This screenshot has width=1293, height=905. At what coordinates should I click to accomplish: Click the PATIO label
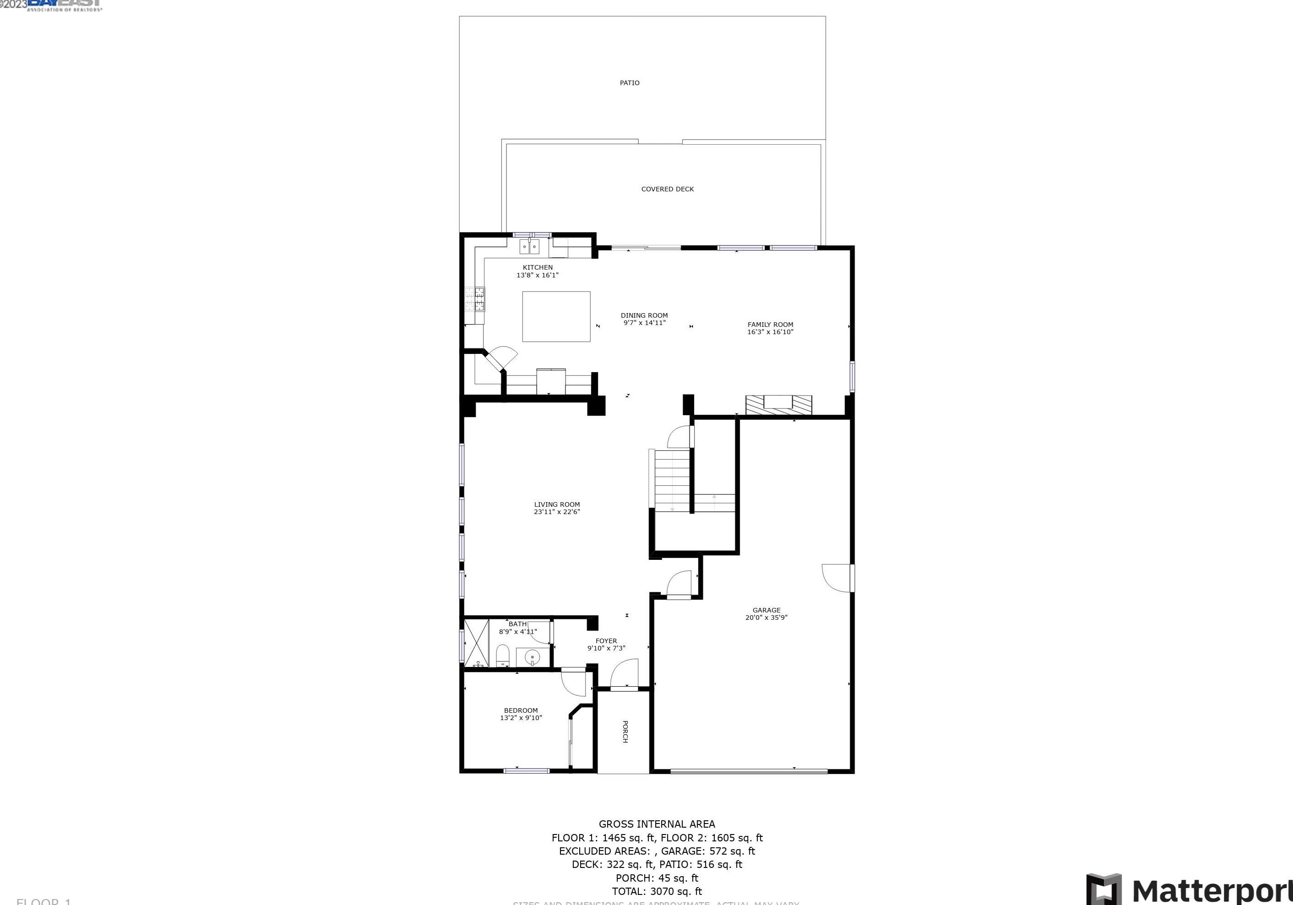629,83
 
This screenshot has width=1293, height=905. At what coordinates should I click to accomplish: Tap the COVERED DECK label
668,189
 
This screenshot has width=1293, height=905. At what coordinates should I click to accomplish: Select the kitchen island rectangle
556,316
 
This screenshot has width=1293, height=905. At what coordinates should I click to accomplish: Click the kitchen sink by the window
529,247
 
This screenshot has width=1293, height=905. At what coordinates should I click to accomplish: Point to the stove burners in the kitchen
475,299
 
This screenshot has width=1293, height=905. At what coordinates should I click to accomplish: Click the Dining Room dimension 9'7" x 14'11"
644,323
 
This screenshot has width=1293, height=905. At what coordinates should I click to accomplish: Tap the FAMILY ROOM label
770,325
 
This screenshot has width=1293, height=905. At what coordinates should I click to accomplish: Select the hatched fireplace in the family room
778,405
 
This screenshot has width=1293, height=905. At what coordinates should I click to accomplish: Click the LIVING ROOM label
556,504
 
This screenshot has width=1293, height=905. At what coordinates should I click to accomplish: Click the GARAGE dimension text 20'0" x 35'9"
766,618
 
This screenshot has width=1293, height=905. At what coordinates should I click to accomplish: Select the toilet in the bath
502,656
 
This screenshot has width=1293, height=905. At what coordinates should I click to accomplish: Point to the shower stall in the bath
477,643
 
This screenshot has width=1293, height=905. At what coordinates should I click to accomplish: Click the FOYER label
606,641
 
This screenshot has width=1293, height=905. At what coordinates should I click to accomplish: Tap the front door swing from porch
625,674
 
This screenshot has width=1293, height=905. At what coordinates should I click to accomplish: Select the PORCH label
625,732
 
